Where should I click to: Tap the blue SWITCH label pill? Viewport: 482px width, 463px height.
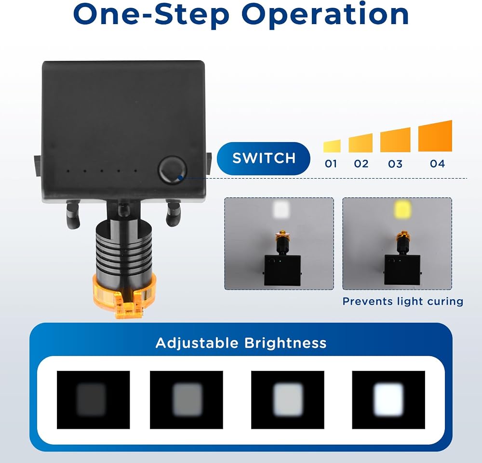264,159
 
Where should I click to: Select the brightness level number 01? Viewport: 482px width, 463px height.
331,164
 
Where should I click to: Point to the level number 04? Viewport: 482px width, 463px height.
437,164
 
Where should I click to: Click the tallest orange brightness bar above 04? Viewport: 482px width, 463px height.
435,137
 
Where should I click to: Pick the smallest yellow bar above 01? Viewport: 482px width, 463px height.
332,146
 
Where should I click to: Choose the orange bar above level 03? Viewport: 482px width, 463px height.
395,140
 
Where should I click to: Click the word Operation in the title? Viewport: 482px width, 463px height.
325,14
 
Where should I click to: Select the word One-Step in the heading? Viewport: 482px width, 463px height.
151,14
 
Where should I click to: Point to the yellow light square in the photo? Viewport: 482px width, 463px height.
402,209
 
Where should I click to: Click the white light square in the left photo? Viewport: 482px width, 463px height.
281,210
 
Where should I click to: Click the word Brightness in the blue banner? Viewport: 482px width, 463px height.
285,343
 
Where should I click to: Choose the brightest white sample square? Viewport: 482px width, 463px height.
388,400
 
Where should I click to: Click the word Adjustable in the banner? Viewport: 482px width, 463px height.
197,344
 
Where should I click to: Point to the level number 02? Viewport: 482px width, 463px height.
361,164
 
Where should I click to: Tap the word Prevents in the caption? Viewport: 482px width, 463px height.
368,302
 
